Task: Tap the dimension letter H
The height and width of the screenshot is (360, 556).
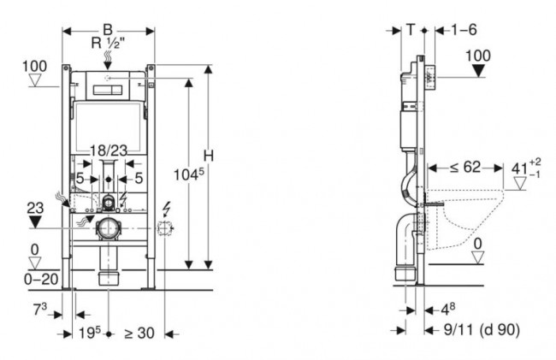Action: (x=208, y=154)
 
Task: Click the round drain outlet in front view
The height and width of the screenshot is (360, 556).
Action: (x=108, y=229)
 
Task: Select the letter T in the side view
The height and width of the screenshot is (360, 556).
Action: (x=411, y=28)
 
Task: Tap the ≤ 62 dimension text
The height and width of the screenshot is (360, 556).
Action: (x=464, y=168)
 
